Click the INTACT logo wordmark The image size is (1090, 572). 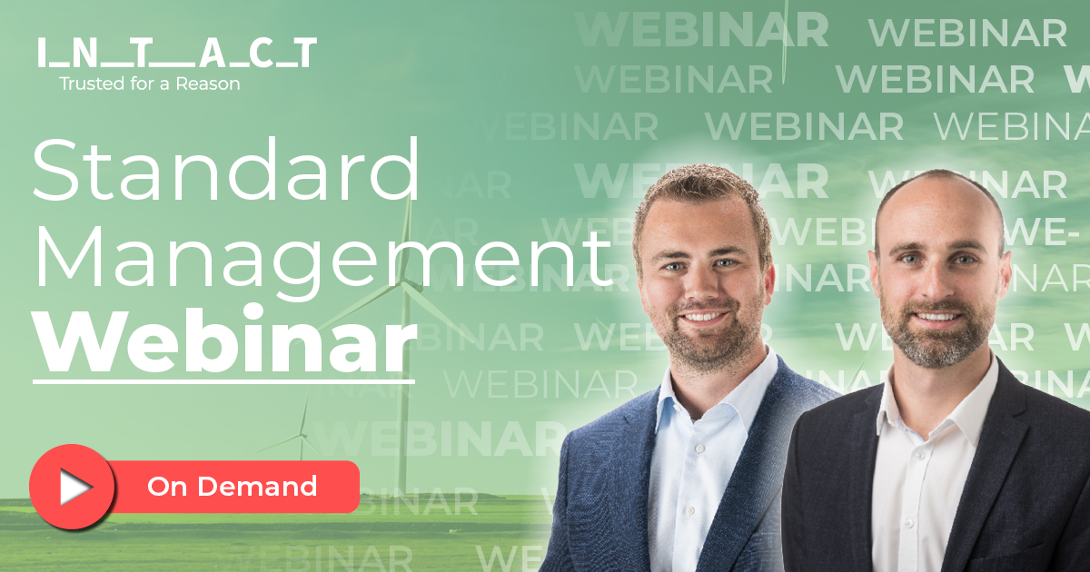[x=177, y=54]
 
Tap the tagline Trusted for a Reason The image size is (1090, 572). [x=150, y=84]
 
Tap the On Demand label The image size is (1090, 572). [x=232, y=487]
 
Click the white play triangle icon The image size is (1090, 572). [x=74, y=488]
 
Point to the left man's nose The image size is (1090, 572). [x=699, y=291]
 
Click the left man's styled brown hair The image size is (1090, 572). [x=699, y=195]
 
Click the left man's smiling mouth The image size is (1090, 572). [x=704, y=318]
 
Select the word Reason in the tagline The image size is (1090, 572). [x=213, y=84]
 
